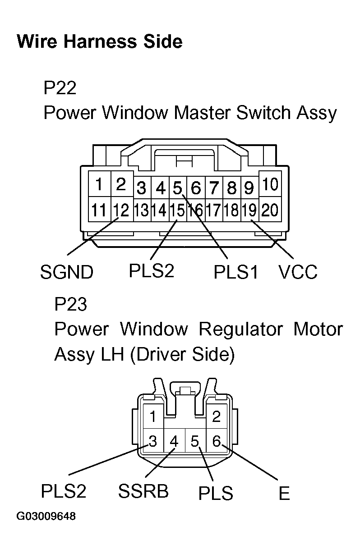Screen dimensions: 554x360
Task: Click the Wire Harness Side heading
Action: [99, 42]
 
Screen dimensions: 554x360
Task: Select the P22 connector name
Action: [60, 87]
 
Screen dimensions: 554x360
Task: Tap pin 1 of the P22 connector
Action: [99, 184]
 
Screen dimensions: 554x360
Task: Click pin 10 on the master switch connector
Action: [270, 184]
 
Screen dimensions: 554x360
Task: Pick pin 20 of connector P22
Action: [270, 210]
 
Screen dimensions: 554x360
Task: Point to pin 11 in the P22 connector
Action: [99, 210]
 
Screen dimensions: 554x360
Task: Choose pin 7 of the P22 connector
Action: [214, 187]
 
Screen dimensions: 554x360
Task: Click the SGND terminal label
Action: [67, 272]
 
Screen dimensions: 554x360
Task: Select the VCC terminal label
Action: [298, 272]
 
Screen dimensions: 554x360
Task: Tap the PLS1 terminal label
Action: [236, 272]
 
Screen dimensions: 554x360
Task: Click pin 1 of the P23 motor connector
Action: [154, 416]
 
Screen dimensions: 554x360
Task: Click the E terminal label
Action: [284, 494]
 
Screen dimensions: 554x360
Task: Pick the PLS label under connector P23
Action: [216, 494]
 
